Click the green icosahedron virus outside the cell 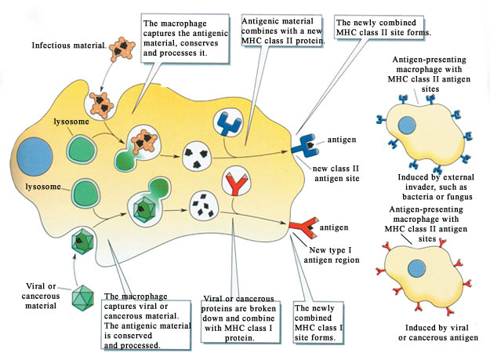tap(82, 299)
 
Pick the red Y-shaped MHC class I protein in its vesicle tap(235, 182)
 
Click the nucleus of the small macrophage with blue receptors tap(407, 127)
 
